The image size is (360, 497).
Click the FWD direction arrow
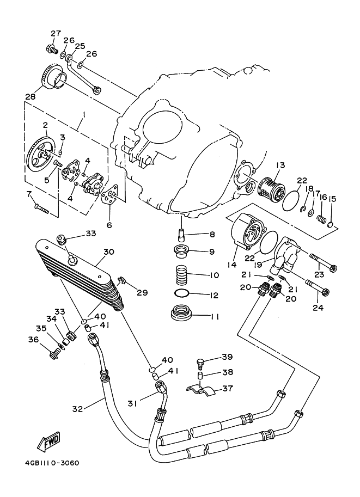click(48, 441)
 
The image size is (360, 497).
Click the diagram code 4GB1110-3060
click(52, 463)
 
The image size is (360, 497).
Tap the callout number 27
click(56, 33)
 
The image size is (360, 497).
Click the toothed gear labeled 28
click(53, 78)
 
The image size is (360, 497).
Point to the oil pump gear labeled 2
click(41, 154)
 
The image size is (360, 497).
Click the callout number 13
click(280, 165)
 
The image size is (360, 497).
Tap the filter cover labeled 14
click(249, 231)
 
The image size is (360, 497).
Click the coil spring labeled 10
click(181, 273)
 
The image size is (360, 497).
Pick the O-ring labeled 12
click(182, 293)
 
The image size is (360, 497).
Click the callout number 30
click(109, 252)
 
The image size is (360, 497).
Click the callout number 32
click(77, 409)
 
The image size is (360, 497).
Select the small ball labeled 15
click(330, 225)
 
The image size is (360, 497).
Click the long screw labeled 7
click(41, 208)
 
